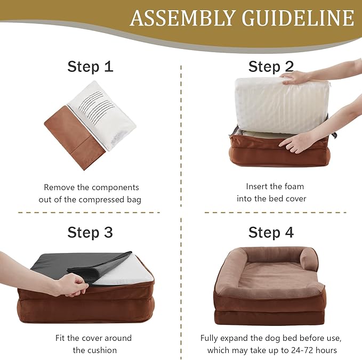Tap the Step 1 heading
(90, 67)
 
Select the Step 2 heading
(271, 67)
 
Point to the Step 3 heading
(90, 233)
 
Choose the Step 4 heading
(271, 233)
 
